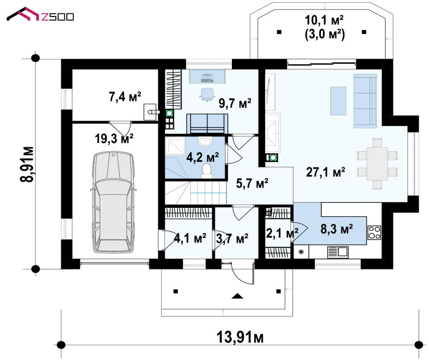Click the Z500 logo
point(40,14)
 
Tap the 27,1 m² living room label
point(325,172)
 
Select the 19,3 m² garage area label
point(114,139)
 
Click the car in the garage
point(114,202)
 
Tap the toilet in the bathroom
point(207,171)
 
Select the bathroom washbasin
point(205,141)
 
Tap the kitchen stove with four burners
point(374,233)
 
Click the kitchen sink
point(338,252)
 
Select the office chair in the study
point(206,95)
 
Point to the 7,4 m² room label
point(125,97)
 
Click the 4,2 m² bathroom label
point(202,157)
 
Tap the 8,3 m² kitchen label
point(336,229)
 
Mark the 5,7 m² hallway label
point(252,183)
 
